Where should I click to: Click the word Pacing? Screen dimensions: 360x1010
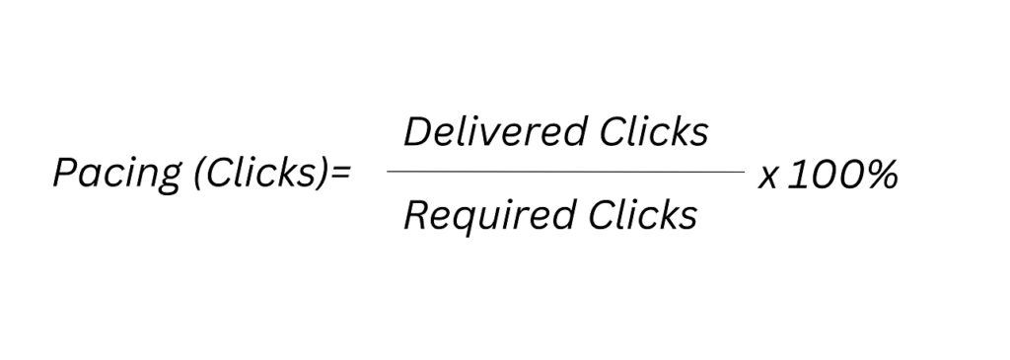click(110, 175)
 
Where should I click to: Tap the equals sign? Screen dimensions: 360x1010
click(340, 177)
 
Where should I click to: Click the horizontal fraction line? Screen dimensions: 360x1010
click(565, 172)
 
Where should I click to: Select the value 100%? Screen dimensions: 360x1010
click(842, 175)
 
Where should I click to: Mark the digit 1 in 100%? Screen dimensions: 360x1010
click(795, 175)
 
